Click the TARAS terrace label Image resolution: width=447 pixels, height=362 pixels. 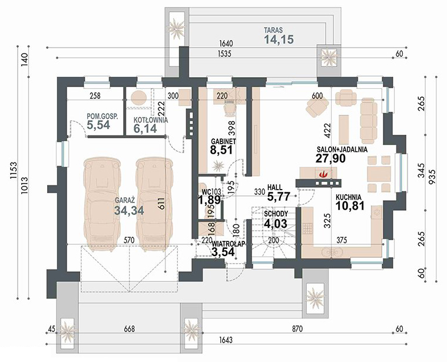click(x=273, y=30)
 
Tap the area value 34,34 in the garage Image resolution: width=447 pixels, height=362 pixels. click(x=129, y=210)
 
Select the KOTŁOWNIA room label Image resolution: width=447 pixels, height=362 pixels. click(x=151, y=120)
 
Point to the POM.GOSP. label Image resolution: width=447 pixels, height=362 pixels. click(x=102, y=116)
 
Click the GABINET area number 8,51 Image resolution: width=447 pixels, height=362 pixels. click(x=221, y=150)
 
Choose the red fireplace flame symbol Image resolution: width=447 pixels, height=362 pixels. click(x=323, y=174)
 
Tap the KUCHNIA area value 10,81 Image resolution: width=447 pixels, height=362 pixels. click(x=350, y=205)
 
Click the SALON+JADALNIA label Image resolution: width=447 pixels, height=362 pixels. click(x=342, y=150)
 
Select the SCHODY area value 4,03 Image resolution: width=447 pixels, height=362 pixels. click(x=276, y=223)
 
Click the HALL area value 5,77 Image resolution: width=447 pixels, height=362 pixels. click(x=279, y=196)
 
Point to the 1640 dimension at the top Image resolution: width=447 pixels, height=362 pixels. click(x=226, y=44)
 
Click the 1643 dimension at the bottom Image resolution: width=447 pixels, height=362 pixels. click(x=226, y=340)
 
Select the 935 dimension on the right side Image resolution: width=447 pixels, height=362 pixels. click(x=432, y=177)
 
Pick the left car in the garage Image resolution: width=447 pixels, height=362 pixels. click(x=102, y=204)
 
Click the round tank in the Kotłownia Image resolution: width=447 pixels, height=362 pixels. click(x=139, y=98)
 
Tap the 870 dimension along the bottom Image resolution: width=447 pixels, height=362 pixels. click(x=297, y=329)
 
